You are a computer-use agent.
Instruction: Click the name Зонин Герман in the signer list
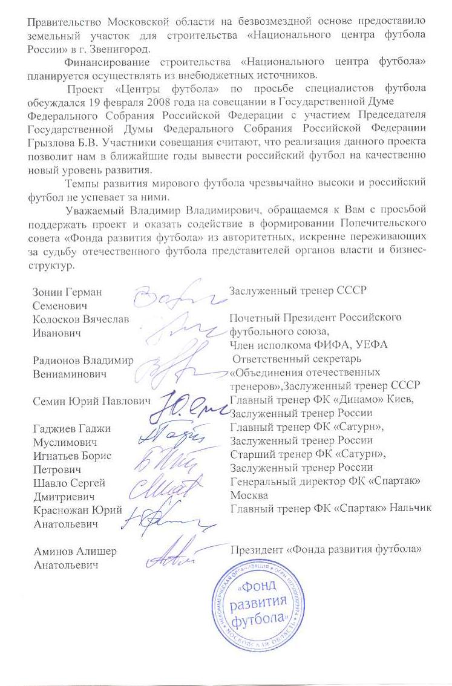(67, 292)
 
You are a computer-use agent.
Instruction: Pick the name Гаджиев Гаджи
(71, 428)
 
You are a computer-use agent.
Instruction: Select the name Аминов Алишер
(74, 552)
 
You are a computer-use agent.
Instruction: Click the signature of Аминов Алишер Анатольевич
(177, 555)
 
